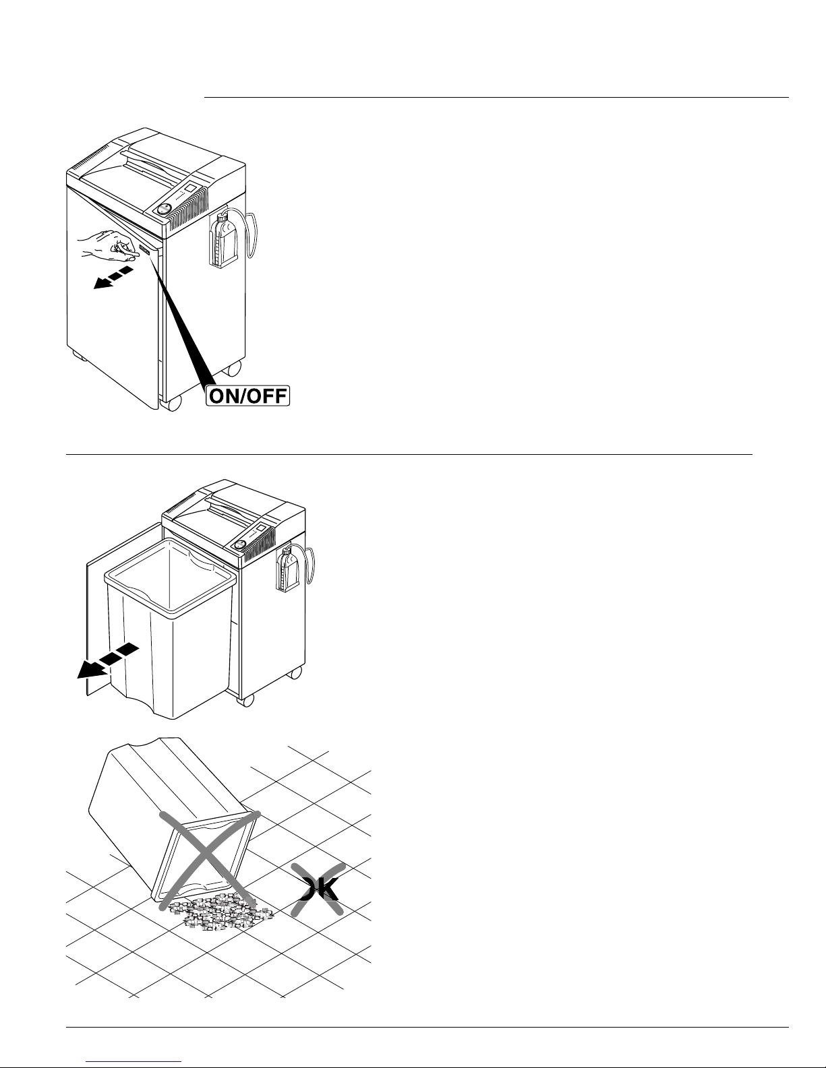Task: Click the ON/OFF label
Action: pyautogui.click(x=248, y=396)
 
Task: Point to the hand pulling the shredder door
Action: pyautogui.click(x=108, y=245)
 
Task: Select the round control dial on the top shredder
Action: pyautogui.click(x=164, y=209)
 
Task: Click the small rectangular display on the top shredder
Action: pyautogui.click(x=191, y=188)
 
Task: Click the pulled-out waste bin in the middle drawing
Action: pyautogui.click(x=170, y=629)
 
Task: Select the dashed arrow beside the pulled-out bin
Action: pyautogui.click(x=108, y=660)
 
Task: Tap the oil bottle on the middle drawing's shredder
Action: pyautogui.click(x=288, y=570)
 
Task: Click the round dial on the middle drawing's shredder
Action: pyautogui.click(x=241, y=545)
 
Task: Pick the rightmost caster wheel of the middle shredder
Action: pyautogui.click(x=296, y=672)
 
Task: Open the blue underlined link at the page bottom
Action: pyautogui.click(x=134, y=1061)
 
